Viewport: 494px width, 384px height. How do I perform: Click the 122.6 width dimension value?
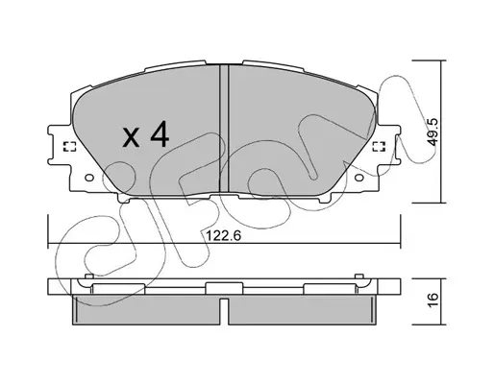[x=223, y=236]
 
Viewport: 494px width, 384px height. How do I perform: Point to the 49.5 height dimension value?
[x=433, y=132]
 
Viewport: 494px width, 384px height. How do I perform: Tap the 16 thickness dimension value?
[x=433, y=300]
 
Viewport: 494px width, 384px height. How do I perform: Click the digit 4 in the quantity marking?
[x=160, y=134]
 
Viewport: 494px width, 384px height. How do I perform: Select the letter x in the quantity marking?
[x=132, y=137]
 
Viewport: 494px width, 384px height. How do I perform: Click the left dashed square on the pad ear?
[x=70, y=146]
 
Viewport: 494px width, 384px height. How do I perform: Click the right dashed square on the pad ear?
[x=379, y=146]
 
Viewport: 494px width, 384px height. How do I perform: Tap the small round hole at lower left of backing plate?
[x=89, y=178]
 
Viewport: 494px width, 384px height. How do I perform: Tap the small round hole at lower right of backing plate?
[x=358, y=178]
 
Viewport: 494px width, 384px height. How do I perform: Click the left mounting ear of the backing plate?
[x=60, y=145]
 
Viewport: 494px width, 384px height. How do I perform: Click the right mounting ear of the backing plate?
[x=389, y=145]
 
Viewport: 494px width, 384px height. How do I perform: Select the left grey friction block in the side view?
[x=146, y=310]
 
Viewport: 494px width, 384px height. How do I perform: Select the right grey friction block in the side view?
[x=302, y=310]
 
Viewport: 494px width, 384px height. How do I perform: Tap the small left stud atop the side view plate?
[x=89, y=276]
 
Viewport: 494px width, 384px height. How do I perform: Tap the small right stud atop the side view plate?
[x=359, y=276]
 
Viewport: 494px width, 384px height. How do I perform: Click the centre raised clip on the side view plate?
[x=224, y=288]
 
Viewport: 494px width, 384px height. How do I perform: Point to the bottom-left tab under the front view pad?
[x=124, y=199]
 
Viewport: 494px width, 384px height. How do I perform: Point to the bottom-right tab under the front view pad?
[x=325, y=199]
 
